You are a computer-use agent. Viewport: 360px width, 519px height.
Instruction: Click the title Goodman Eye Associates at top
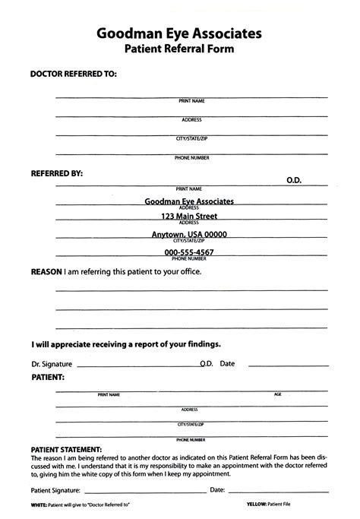(179, 33)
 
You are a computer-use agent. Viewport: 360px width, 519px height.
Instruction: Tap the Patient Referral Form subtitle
(179, 49)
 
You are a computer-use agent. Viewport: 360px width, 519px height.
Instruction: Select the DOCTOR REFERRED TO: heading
(73, 74)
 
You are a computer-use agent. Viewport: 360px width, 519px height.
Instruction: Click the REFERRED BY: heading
(56, 174)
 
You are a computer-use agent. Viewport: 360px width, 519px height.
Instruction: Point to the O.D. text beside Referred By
(294, 180)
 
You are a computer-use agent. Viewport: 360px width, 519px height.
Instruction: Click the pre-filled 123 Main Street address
(189, 217)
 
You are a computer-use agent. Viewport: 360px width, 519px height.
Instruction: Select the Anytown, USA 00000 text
(189, 235)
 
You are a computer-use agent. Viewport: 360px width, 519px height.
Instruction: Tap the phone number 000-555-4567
(189, 252)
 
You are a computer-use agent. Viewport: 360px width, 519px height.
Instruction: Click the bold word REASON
(46, 271)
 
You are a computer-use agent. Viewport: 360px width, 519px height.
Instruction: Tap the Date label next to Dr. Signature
(227, 363)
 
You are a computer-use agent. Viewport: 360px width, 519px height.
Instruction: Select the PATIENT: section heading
(47, 376)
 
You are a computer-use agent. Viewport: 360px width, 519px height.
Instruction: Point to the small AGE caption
(277, 394)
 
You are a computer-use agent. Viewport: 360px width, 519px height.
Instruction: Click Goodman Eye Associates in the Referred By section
(189, 201)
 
